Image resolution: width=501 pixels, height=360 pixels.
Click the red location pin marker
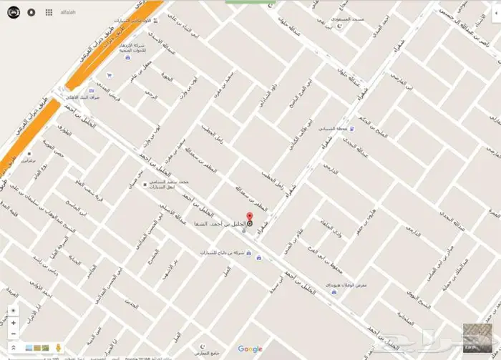click(249, 218)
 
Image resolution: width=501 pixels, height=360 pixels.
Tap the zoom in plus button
click(12, 323)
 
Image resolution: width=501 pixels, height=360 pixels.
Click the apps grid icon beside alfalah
click(49, 12)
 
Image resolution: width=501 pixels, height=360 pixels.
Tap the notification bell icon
click(31, 12)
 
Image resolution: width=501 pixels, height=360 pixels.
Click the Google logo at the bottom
click(250, 349)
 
